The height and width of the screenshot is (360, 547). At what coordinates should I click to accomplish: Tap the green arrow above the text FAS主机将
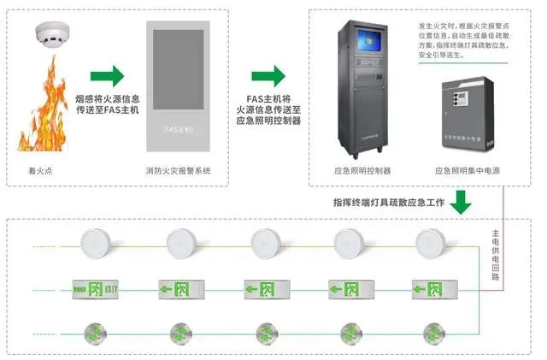pos(268,75)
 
